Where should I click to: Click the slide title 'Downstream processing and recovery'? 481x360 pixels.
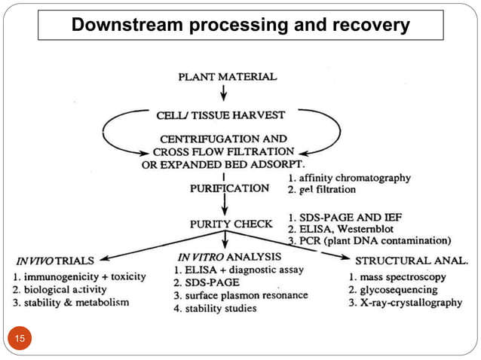click(x=240, y=26)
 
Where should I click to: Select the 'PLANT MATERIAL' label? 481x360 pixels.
click(x=227, y=76)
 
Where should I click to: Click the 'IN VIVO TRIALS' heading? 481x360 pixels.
click(x=58, y=261)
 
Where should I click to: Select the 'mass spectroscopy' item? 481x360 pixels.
click(x=398, y=276)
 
